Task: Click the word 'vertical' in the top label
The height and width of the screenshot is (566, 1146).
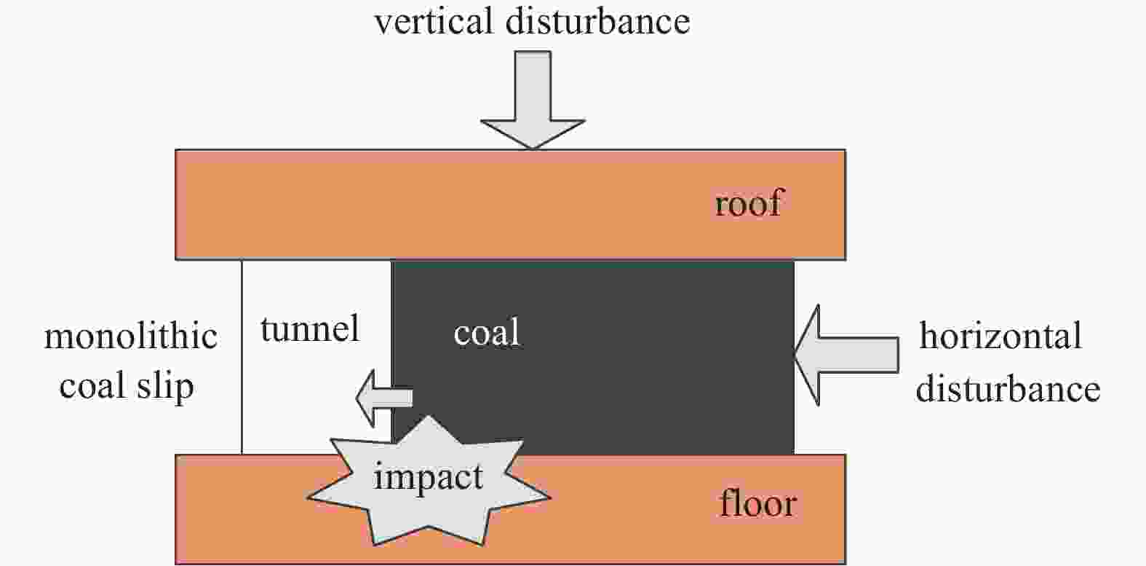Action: tap(434, 22)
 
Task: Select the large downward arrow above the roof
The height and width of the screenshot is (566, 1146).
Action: tap(533, 100)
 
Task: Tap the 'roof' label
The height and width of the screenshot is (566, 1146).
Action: tap(748, 203)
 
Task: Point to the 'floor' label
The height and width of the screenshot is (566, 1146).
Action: tap(757, 503)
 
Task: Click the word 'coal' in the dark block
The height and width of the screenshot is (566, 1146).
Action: tap(487, 332)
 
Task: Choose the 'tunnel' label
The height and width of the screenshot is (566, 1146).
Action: tap(310, 329)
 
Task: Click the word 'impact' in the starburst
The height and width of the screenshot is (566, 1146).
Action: tap(428, 477)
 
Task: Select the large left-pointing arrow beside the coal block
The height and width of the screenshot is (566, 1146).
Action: tap(847, 355)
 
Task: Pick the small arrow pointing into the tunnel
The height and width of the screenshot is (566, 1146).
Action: tap(384, 398)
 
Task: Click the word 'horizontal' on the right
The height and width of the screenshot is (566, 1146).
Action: tap(1000, 336)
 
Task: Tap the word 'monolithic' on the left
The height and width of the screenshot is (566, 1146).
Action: tap(131, 337)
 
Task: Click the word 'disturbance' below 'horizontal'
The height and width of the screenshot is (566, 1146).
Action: tap(1008, 389)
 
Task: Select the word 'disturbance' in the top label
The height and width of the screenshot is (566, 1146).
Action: tap(598, 22)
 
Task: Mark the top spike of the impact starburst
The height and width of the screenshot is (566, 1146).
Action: tap(428, 416)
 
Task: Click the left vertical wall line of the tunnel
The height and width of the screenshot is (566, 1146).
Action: tap(242, 357)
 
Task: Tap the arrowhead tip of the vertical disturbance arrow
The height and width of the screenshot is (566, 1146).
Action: tap(533, 149)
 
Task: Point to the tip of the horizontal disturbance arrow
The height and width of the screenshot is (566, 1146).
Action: tap(795, 355)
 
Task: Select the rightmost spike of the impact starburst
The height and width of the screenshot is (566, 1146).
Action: tap(550, 497)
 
